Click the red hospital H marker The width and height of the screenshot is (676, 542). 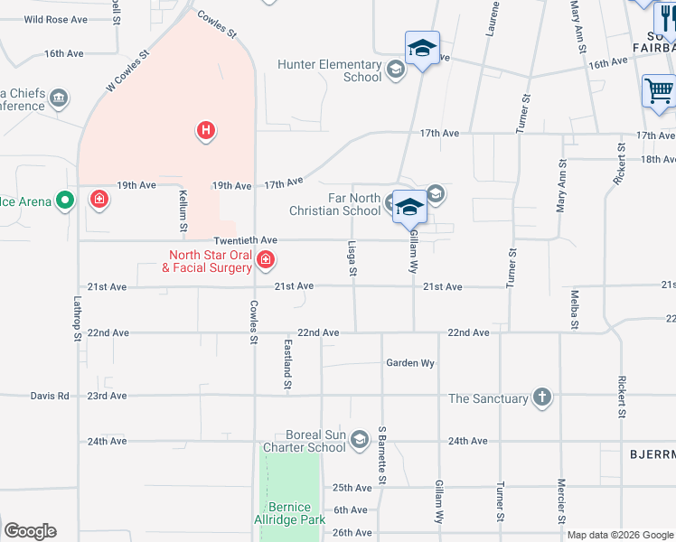[x=206, y=132]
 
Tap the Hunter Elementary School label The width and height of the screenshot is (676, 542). [x=330, y=70]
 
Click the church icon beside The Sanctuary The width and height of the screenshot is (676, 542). [x=541, y=397]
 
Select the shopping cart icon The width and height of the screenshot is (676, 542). [x=659, y=91]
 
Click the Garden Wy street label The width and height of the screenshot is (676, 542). [x=411, y=363]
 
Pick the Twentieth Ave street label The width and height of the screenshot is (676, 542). [x=245, y=240]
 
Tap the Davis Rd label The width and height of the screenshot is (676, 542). [x=50, y=396]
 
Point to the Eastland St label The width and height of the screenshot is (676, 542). [x=287, y=365]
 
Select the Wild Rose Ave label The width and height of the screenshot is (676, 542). [x=55, y=19]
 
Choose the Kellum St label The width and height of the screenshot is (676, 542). [x=183, y=210]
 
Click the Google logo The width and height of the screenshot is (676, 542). [x=30, y=531]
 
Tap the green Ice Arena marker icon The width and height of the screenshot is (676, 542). [x=64, y=201]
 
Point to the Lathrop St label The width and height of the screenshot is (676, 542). [x=78, y=321]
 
